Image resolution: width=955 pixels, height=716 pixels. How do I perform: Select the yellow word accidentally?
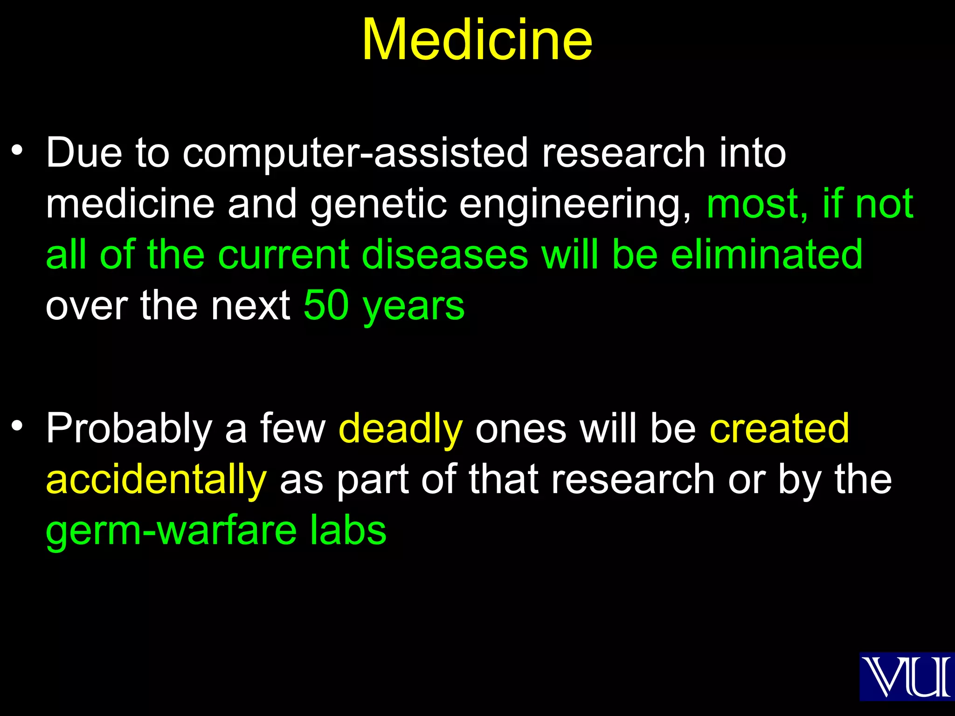(156, 480)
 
